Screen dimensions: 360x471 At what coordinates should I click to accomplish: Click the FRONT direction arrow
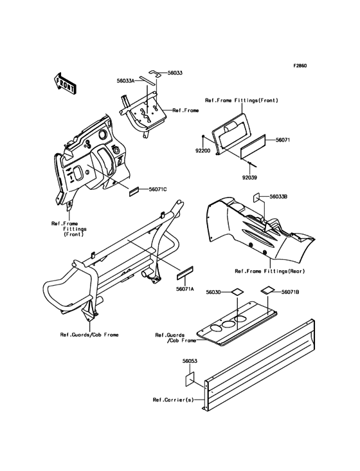65,83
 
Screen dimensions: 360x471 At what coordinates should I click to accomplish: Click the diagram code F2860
300,66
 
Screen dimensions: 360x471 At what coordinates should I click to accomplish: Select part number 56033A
126,80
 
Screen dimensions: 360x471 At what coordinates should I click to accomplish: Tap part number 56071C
157,189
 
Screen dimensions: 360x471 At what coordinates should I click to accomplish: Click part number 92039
249,178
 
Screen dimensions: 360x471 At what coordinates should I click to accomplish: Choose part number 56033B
279,196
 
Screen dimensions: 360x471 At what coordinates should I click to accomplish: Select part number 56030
213,292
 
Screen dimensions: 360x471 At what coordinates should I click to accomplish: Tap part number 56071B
291,292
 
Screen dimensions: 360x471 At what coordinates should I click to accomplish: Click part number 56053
190,361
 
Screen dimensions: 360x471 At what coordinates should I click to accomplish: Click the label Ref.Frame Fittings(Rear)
270,272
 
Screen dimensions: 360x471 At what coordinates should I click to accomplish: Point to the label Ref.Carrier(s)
174,400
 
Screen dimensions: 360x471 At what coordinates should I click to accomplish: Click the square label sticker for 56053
190,379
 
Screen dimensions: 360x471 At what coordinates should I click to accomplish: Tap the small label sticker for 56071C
134,191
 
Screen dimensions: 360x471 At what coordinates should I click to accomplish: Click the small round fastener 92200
203,137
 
